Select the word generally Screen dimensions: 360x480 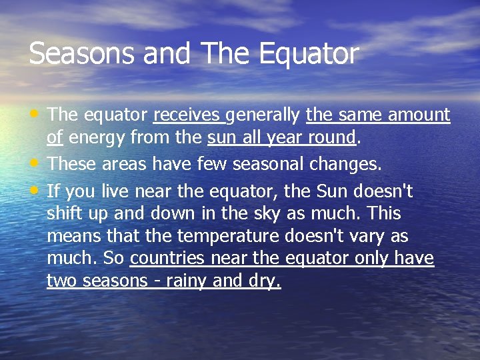(x=263, y=115)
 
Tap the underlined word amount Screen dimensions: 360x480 (x=419, y=115)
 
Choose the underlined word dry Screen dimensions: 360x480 (x=264, y=281)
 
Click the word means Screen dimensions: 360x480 (x=69, y=237)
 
